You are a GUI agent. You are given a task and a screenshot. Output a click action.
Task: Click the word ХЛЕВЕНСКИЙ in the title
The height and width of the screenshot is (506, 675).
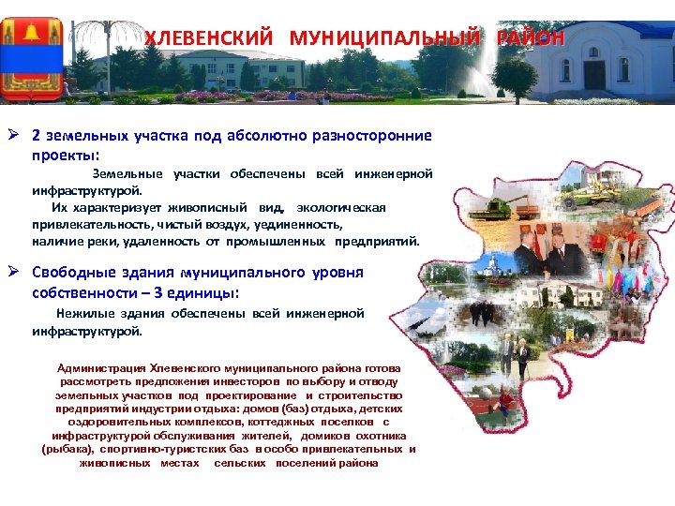[x=208, y=38]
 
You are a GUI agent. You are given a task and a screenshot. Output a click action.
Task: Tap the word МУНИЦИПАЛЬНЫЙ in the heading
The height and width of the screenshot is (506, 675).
[x=387, y=38]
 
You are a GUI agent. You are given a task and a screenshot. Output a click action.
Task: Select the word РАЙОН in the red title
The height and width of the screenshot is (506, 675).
[x=531, y=38]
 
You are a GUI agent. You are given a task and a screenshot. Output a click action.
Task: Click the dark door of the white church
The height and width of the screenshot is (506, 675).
[x=594, y=74]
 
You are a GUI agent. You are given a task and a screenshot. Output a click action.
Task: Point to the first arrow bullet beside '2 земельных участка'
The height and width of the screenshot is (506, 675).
[x=16, y=136]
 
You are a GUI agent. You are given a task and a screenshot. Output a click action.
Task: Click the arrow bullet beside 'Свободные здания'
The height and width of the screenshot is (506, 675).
[x=16, y=273]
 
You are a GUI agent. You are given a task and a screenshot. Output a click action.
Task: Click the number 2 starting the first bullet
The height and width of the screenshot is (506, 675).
[x=37, y=136]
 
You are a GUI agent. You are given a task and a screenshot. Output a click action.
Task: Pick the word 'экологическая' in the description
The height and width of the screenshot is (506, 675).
[x=349, y=207]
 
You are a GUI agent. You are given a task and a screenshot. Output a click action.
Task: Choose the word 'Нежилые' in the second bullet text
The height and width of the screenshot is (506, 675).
[x=84, y=314]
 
